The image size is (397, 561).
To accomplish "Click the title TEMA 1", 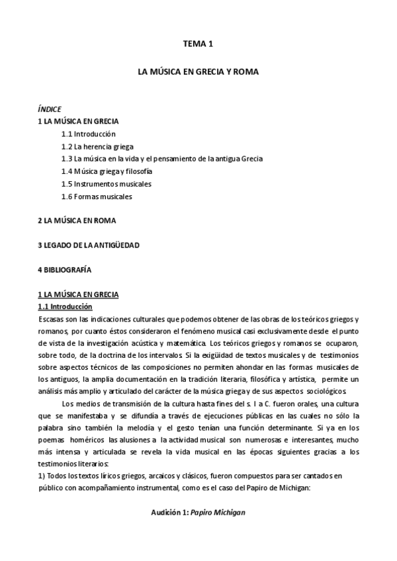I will click(x=198, y=44).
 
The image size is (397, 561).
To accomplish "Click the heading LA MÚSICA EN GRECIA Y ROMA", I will click(x=198, y=69).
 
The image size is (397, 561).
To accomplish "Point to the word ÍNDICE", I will click(x=50, y=108).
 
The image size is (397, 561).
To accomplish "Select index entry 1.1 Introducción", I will click(x=93, y=134).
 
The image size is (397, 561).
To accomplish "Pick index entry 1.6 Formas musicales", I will click(x=97, y=196).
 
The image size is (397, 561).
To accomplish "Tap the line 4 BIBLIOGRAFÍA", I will click(x=65, y=270).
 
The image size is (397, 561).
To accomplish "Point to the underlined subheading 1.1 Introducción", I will click(x=66, y=307).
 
